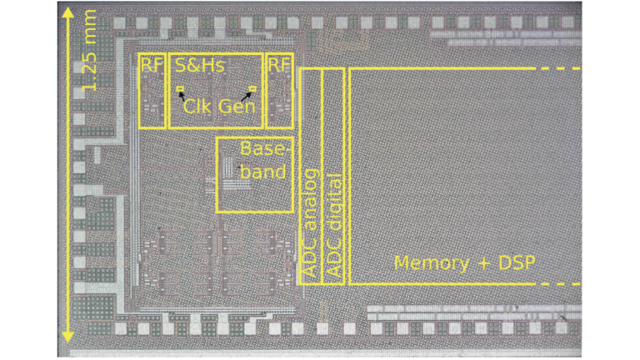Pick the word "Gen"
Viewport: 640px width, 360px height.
tap(237, 106)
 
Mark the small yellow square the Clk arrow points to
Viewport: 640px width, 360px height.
tap(179, 87)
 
